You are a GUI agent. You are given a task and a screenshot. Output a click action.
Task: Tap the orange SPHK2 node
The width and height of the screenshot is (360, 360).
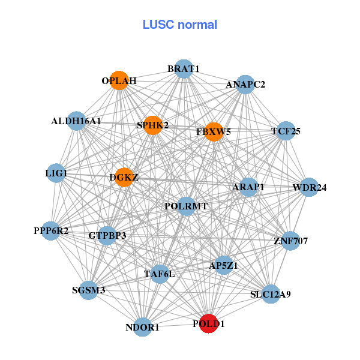point(153,125)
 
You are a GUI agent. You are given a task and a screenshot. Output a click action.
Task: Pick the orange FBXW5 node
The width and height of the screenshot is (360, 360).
point(214,131)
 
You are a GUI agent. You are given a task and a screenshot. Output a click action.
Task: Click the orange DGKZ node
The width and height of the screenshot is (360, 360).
point(124,177)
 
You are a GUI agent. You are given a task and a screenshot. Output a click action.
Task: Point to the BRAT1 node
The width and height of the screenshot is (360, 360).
point(184,69)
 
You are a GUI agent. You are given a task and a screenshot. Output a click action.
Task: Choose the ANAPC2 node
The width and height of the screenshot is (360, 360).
point(245,85)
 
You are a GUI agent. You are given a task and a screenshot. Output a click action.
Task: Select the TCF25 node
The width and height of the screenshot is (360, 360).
point(286,131)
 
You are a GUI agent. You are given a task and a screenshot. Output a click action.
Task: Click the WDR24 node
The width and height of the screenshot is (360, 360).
point(309,188)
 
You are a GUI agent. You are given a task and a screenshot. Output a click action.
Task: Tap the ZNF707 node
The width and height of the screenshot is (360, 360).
point(290,241)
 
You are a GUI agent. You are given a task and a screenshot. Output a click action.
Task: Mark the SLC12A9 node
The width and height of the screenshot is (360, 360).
point(271,294)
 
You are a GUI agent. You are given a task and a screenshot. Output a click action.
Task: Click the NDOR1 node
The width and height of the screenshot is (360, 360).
point(143,327)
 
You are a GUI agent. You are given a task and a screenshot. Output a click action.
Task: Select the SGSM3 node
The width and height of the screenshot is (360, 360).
point(89,290)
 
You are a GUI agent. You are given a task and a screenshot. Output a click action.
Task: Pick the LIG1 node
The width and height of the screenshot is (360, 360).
point(56,174)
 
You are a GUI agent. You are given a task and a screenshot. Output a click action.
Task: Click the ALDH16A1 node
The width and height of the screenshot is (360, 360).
point(76,121)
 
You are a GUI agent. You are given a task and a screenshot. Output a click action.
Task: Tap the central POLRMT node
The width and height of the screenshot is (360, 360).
point(186,206)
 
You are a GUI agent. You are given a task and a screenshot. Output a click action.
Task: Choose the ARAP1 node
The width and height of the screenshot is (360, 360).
point(248,188)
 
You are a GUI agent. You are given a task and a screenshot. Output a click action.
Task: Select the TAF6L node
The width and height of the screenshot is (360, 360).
point(160,274)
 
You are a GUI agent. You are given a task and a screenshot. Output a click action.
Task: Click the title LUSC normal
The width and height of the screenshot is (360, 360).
point(180,25)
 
